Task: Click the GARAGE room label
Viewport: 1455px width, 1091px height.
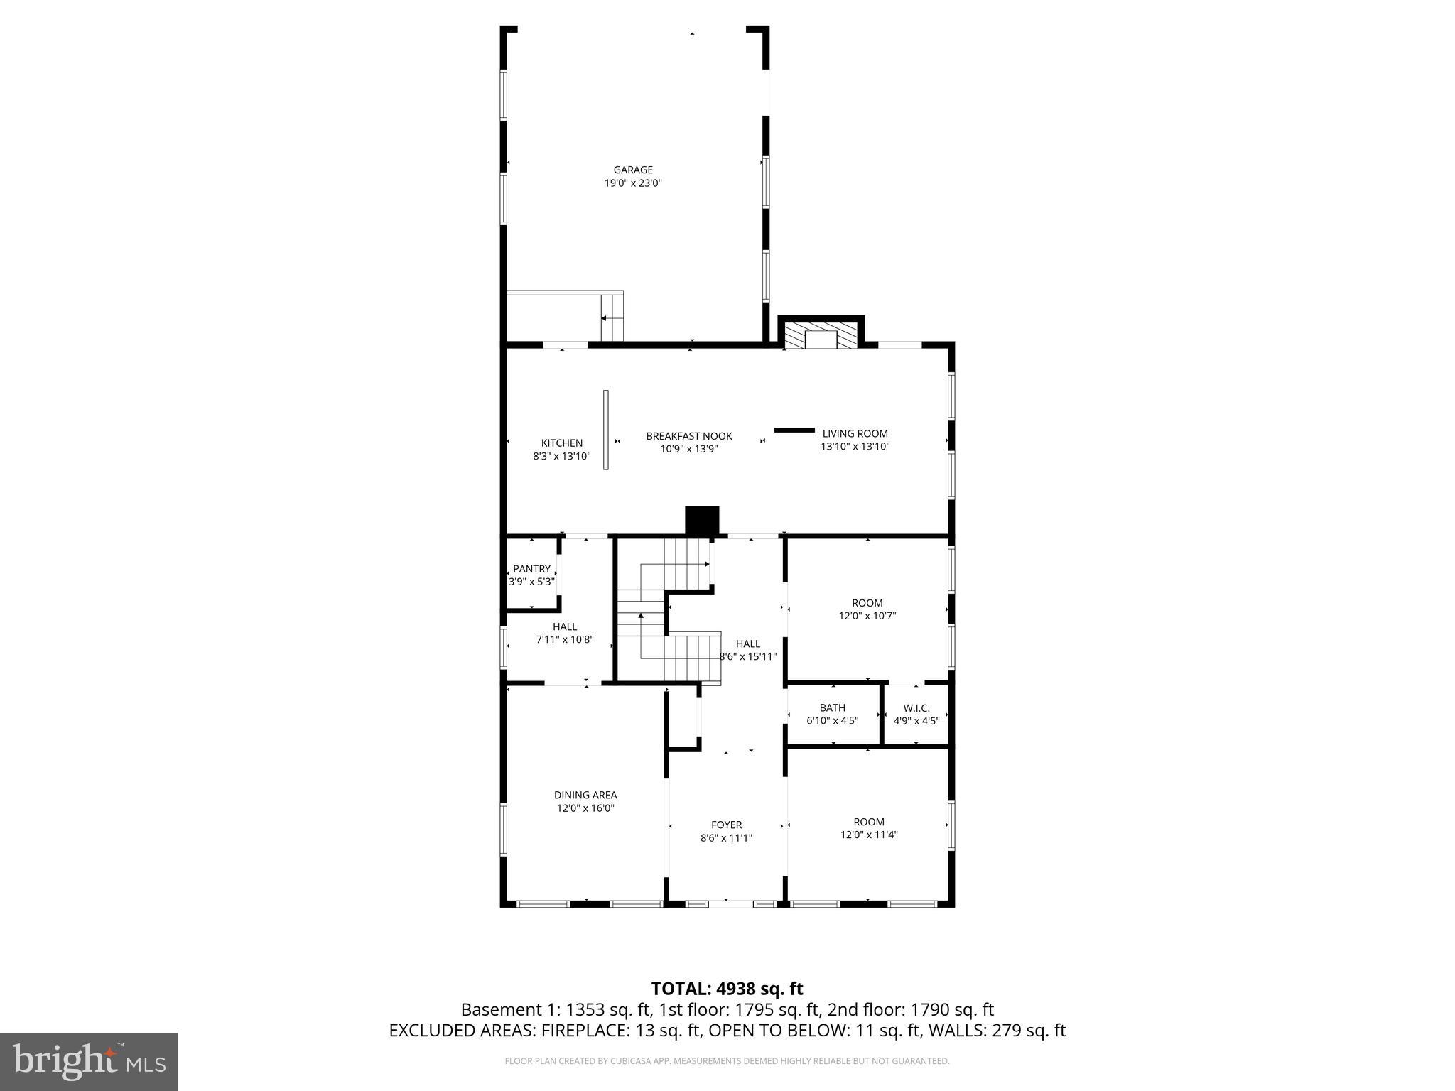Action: click(633, 170)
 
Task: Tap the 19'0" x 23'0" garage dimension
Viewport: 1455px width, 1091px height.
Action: click(633, 183)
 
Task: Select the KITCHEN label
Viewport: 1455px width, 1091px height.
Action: click(561, 443)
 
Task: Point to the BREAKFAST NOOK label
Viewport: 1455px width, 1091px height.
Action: click(688, 436)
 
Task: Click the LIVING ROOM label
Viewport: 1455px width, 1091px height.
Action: click(855, 433)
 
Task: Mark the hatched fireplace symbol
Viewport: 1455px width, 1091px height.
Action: click(821, 338)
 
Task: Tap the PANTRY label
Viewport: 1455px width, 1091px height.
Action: click(531, 569)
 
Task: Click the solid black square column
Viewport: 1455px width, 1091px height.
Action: click(702, 520)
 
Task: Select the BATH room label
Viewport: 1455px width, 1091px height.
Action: click(832, 707)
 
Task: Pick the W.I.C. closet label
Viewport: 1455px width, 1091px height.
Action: click(916, 708)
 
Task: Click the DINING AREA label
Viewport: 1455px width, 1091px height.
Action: click(585, 795)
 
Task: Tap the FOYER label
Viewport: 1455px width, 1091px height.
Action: click(726, 825)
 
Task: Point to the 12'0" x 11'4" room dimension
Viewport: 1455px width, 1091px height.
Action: click(869, 835)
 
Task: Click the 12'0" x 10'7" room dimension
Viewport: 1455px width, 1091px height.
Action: click(867, 616)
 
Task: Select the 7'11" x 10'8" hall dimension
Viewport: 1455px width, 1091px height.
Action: click(564, 639)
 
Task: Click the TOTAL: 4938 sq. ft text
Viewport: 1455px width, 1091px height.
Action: click(727, 989)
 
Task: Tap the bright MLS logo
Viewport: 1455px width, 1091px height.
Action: click(89, 1061)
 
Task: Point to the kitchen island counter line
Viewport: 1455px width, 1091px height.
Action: click(606, 429)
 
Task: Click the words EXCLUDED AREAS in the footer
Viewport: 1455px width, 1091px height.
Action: click(462, 1031)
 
